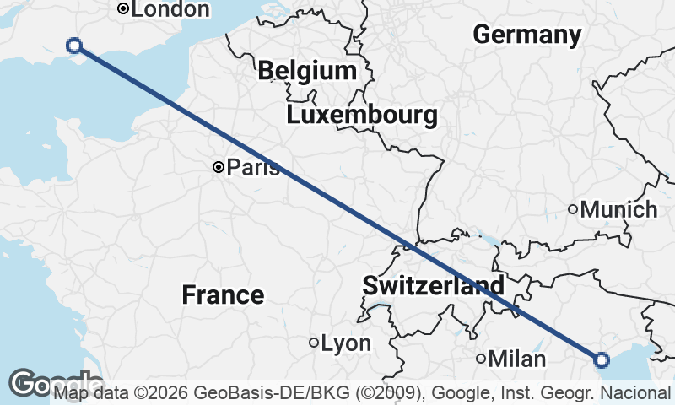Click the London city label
tap(170, 9)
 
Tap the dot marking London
tap(123, 9)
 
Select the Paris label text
tap(253, 168)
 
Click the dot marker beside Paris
tap(218, 168)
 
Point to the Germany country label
tap(526, 35)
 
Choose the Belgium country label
tap(307, 71)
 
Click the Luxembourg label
tap(362, 115)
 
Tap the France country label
tap(223, 295)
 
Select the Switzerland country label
tap(434, 285)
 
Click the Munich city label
tap(619, 209)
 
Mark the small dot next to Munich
tap(572, 209)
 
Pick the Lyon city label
tap(346, 343)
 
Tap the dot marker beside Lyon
tap(314, 343)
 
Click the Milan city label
tap(517, 359)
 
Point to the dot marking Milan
tap(481, 359)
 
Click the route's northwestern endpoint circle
tap(74, 46)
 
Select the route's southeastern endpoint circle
tap(601, 360)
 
